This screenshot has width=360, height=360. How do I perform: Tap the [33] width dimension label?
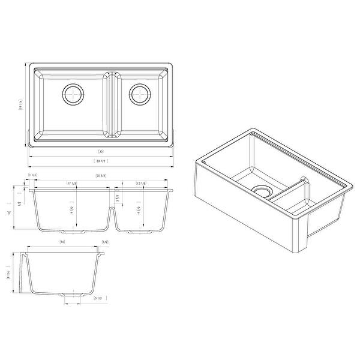pos(101,151)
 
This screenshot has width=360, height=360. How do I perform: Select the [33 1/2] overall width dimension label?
pos(100,161)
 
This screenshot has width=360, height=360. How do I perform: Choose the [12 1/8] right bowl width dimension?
pos(142,182)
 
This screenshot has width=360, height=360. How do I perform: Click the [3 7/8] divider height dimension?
pos(118,196)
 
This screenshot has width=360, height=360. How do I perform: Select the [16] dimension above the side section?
pos(62,242)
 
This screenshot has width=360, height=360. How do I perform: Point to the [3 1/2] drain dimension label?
pos(98,298)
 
